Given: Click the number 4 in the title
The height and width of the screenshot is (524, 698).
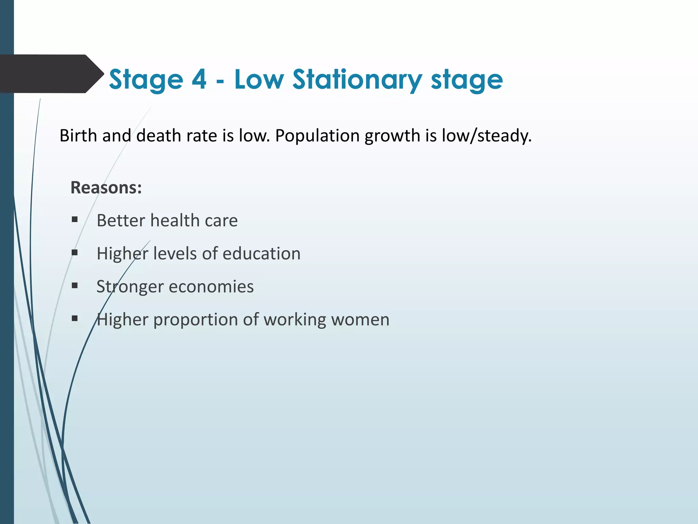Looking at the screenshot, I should point(199,79).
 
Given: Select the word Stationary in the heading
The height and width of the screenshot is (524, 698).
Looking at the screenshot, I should point(357,80).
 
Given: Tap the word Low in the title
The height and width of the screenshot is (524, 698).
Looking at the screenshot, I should point(259,79).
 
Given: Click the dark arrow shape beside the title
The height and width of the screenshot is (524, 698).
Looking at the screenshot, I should point(51,74).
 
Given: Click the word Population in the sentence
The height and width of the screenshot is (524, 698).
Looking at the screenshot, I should point(317,135).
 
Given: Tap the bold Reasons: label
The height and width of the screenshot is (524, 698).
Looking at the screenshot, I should point(106,188).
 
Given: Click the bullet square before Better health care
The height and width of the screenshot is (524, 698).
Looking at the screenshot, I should point(75,220).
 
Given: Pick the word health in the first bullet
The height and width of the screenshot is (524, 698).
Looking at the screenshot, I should point(175,220).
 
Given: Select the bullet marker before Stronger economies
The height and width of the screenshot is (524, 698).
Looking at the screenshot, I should point(75,286).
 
